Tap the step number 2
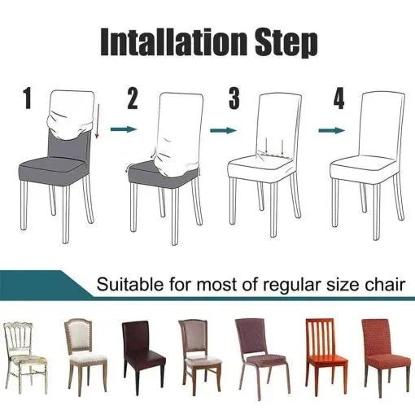pos(133,100)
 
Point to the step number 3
pos(234,100)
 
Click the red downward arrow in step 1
pos(98,122)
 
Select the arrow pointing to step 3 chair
pos(221,129)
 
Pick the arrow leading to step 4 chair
pos(327,129)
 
